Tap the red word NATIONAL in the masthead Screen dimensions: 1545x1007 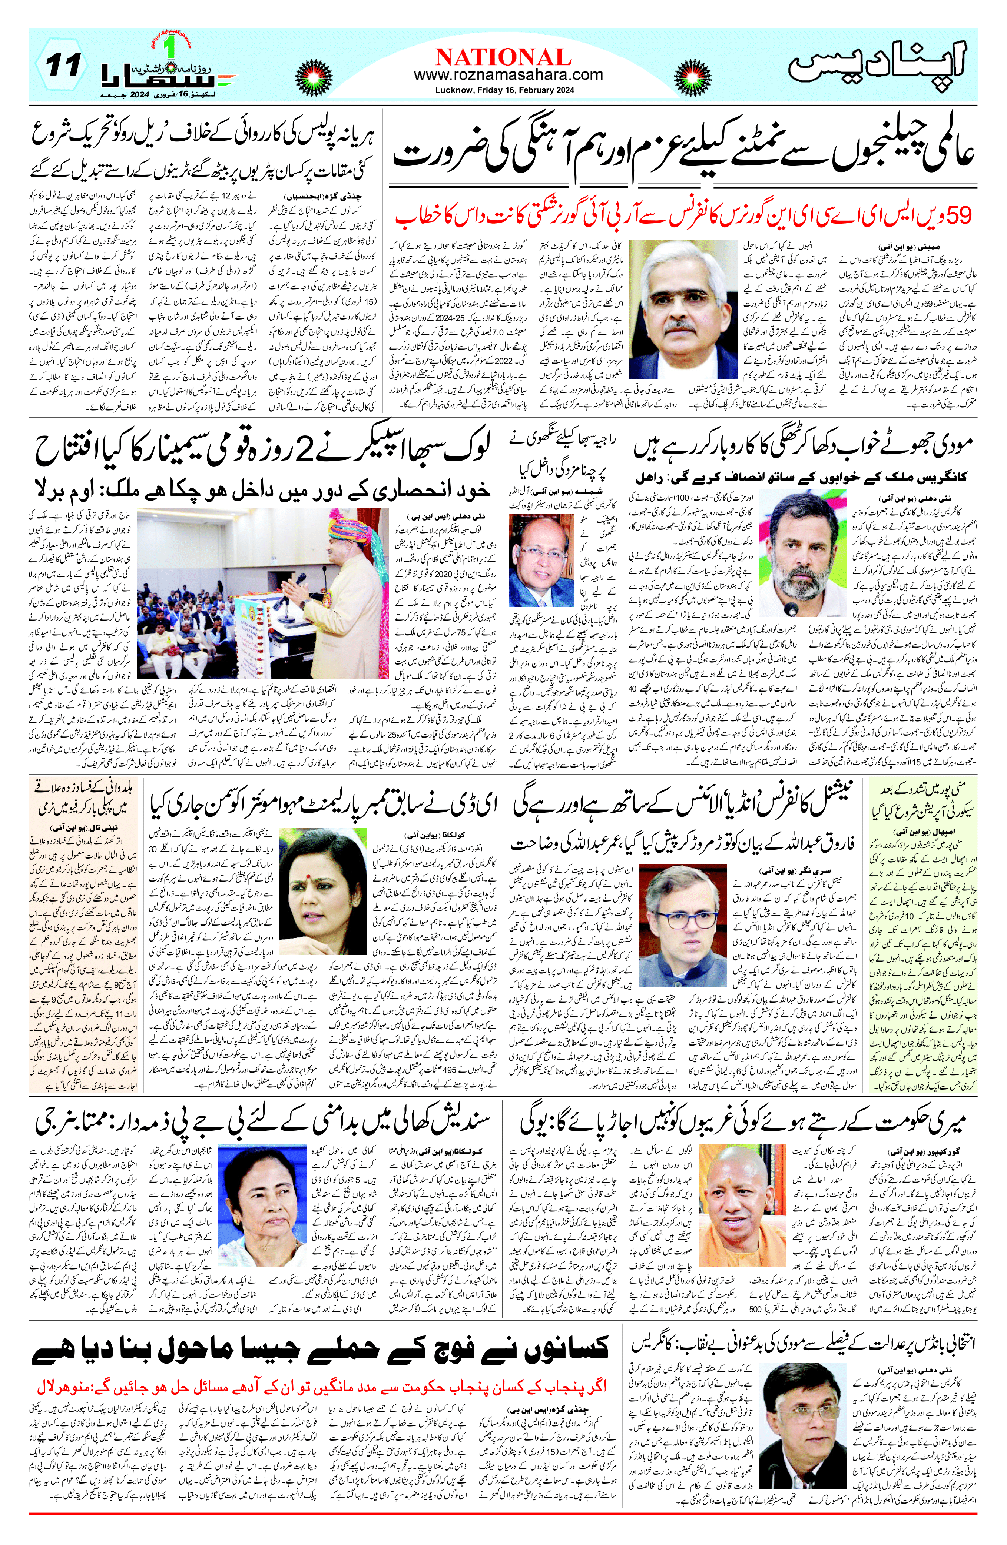tap(503, 57)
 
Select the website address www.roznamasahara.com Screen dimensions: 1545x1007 tap(508, 75)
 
